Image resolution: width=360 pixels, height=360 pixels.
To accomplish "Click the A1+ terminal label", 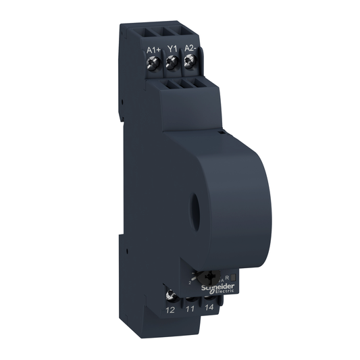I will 152,49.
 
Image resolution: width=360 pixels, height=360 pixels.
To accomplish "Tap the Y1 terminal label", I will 172,49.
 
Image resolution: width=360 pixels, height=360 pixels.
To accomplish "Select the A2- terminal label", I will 190,49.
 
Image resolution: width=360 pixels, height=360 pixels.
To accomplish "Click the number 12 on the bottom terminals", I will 170,309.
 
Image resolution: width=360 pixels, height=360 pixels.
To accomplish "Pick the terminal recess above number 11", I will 191,297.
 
